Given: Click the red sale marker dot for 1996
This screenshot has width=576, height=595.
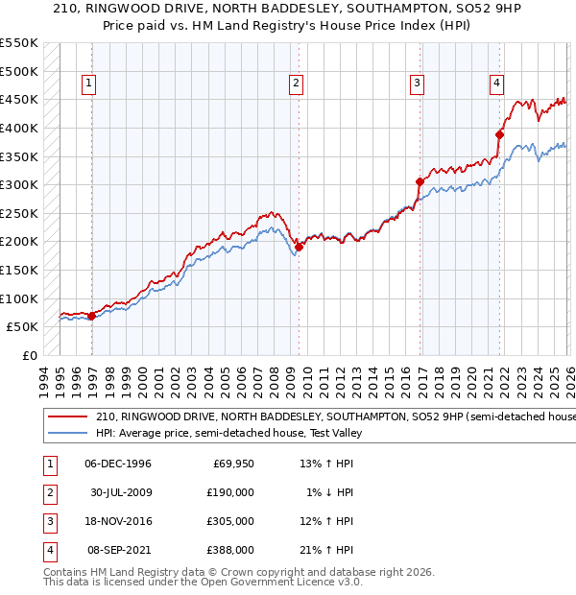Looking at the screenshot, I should [x=92, y=315].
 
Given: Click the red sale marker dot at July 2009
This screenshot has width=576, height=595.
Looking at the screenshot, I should [x=299, y=247].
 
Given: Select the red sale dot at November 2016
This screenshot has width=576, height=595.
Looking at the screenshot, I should [x=420, y=181].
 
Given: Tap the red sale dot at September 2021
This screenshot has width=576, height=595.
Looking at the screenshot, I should [x=499, y=134].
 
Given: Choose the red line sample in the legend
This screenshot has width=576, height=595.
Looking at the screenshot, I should [x=68, y=417].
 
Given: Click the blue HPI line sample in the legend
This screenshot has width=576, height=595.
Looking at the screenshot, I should [x=68, y=433].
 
